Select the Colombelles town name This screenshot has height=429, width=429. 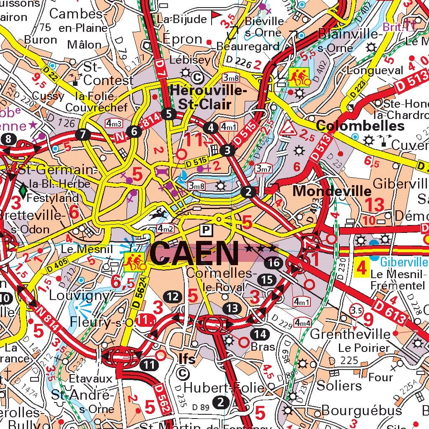click(x=360, y=126)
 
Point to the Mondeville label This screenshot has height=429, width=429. click(x=332, y=191)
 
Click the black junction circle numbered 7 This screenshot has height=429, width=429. click(x=83, y=134)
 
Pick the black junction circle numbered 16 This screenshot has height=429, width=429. click(x=274, y=263)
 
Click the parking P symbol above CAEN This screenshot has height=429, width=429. click(x=206, y=230)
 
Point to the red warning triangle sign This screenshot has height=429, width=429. click(x=288, y=128)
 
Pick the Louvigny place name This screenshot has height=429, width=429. click(x=79, y=295)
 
